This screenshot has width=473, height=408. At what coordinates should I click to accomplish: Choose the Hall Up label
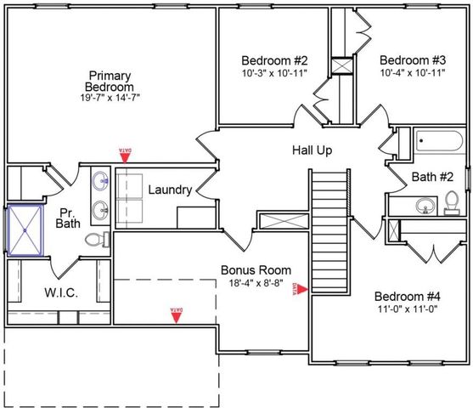[x=312, y=150]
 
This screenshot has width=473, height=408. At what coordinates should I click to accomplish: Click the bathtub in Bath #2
[x=439, y=142]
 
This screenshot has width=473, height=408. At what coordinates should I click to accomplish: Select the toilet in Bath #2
[x=452, y=201]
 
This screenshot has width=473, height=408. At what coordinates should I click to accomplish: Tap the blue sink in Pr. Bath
[x=101, y=180]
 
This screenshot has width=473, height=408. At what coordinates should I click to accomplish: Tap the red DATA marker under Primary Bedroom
[x=125, y=154]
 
